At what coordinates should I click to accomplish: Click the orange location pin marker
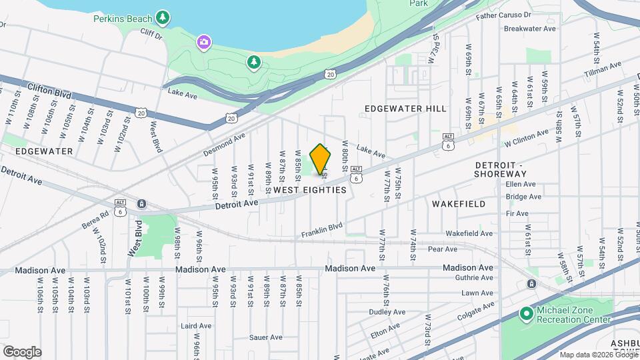point(321,159)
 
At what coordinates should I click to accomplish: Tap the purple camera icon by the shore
point(204,43)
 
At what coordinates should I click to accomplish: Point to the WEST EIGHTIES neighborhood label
point(310,190)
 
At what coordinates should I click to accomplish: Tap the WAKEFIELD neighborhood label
point(459,203)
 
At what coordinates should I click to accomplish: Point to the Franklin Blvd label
point(321,230)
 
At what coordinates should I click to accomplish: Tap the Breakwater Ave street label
point(530,29)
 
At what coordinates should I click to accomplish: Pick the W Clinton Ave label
point(526,137)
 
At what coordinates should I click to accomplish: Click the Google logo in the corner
point(22,352)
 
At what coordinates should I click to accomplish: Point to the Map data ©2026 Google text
point(597,355)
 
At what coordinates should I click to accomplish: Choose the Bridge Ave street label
point(524,197)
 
